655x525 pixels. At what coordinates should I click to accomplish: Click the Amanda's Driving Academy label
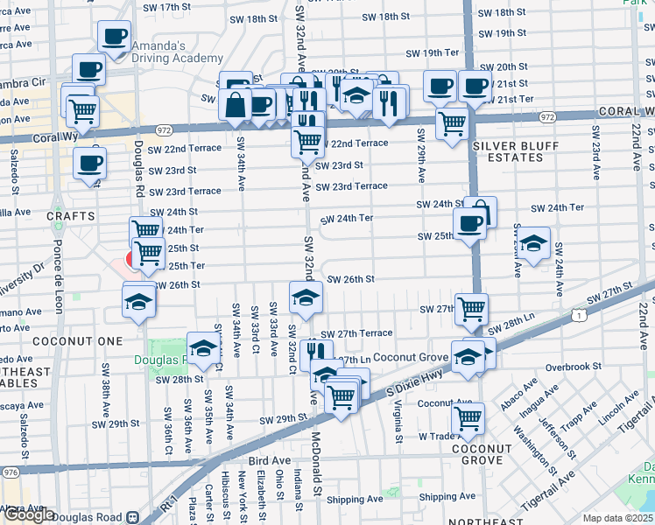(176, 52)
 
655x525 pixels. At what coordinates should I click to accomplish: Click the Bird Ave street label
(268, 460)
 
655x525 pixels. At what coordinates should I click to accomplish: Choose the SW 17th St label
(166, 7)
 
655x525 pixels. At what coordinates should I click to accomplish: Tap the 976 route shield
(10, 472)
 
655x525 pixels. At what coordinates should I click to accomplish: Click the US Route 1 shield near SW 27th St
(579, 313)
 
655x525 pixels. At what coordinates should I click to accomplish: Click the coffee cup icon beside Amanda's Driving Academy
(114, 38)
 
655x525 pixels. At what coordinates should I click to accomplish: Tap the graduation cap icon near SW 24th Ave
(532, 244)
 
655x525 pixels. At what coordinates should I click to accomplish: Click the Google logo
(28, 514)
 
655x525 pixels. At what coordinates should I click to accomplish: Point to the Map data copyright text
(617, 518)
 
